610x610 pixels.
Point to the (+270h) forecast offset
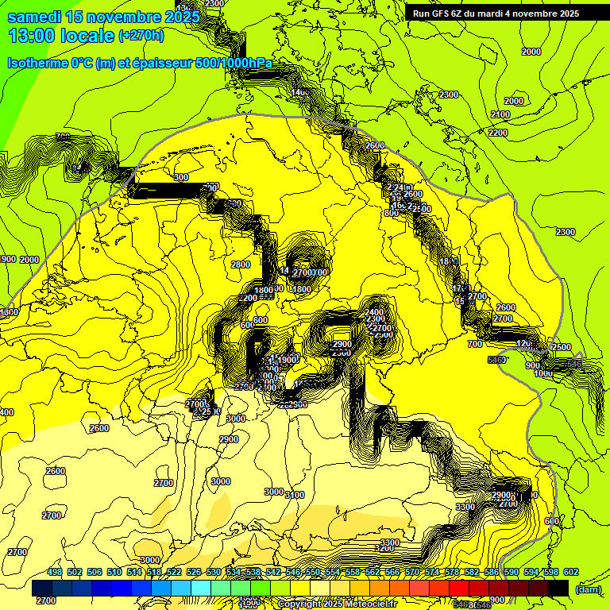pos(141,36)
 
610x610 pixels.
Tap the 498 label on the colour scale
pos(55,573)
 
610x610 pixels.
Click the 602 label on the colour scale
pos(571,573)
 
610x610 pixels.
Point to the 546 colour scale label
pos(293,573)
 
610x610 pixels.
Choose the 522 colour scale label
pos(174,573)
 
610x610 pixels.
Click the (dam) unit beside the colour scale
pos(588,589)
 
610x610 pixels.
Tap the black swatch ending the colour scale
pos(558,589)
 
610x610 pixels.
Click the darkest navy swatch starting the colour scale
pos(42,589)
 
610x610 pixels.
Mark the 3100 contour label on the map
pos(295,495)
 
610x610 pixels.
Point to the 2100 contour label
pos(500,115)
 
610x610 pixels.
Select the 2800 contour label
pos(241,264)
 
